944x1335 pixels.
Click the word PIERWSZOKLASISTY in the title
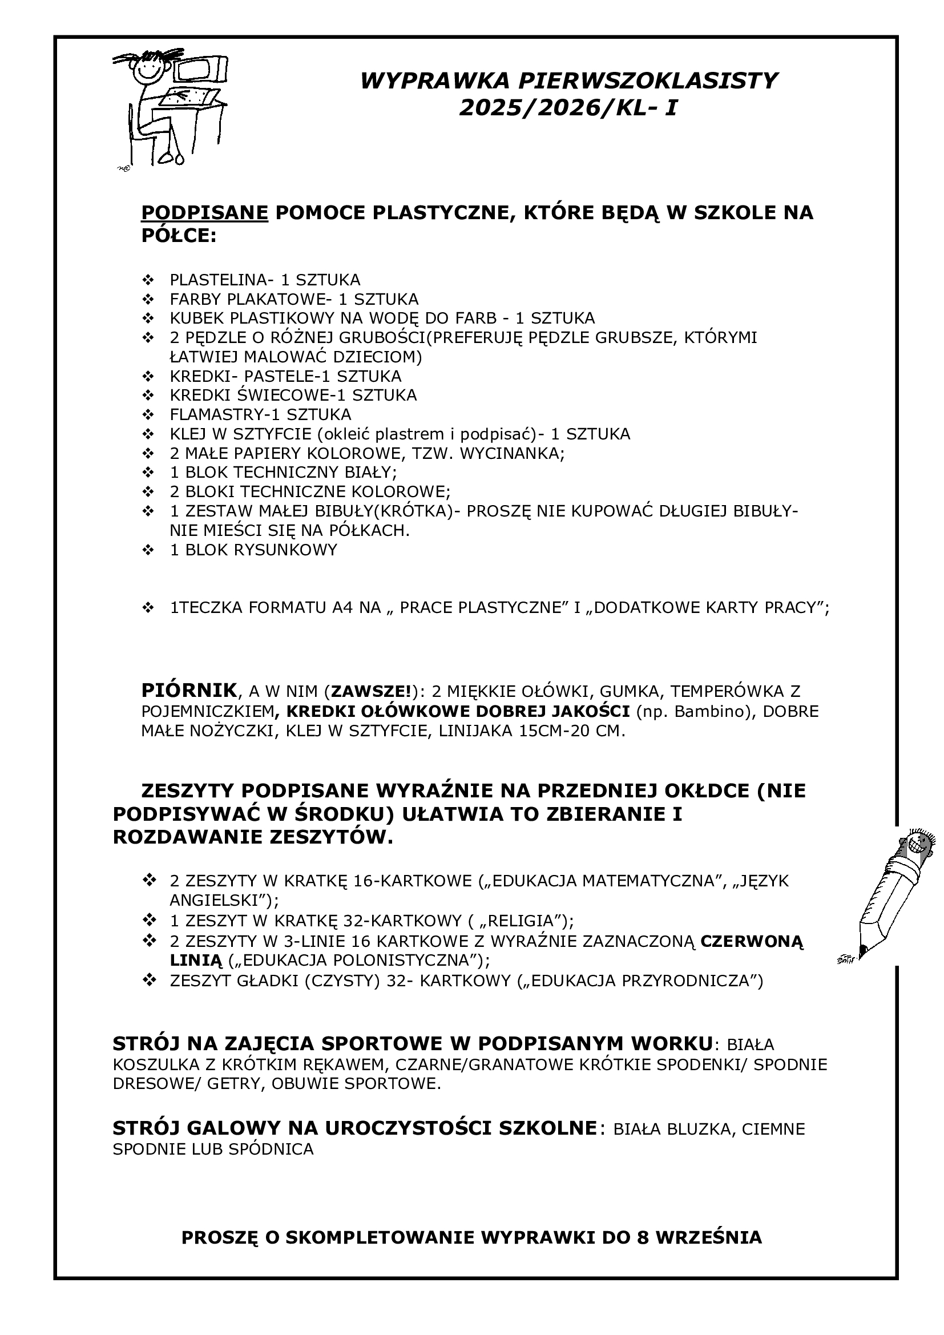coord(647,80)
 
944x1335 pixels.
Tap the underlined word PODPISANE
coord(205,213)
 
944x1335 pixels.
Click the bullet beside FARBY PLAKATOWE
coord(148,300)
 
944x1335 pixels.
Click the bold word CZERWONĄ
coord(752,941)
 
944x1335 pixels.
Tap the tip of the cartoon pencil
coord(862,951)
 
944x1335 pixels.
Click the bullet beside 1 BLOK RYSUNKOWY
coord(148,550)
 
